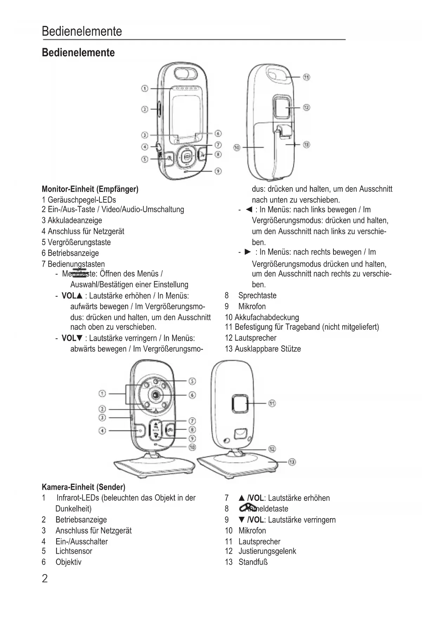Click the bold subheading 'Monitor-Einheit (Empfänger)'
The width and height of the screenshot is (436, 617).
pyautogui.click(x=90, y=189)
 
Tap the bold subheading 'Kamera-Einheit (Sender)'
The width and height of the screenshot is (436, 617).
pyautogui.click(x=83, y=487)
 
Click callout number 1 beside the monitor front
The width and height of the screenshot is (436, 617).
pyautogui.click(x=145, y=88)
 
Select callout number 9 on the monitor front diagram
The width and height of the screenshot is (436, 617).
pyautogui.click(x=218, y=171)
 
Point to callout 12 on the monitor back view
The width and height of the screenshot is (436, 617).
pyautogui.click(x=306, y=108)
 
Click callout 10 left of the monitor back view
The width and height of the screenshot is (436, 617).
pyautogui.click(x=237, y=147)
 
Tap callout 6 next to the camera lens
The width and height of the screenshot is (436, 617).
pyautogui.click(x=192, y=395)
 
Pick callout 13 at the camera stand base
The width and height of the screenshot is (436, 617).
pyautogui.click(x=292, y=462)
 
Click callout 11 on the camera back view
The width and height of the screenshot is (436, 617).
pyautogui.click(x=272, y=403)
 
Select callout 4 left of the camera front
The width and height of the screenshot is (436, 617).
pyautogui.click(x=102, y=431)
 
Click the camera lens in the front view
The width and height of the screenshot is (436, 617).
pyautogui.click(x=155, y=395)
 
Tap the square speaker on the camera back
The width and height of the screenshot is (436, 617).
pyautogui.click(x=240, y=403)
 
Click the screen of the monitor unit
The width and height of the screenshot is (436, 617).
pyautogui.click(x=186, y=116)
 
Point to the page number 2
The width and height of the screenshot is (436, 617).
pyautogui.click(x=45, y=579)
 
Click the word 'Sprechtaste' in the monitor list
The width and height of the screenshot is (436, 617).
pyautogui.click(x=257, y=295)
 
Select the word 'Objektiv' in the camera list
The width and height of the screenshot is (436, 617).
pyautogui.click(x=69, y=562)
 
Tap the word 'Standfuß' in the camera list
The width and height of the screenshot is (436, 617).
pyautogui.click(x=253, y=562)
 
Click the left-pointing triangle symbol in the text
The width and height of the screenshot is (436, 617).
pyautogui.click(x=249, y=210)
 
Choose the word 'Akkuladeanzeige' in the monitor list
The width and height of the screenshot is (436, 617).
pyautogui.click(x=75, y=221)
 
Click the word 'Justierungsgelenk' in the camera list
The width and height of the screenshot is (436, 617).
pyautogui.click(x=267, y=551)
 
